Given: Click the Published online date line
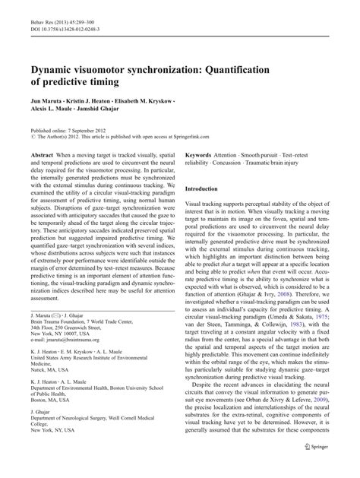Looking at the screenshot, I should pos(68,131).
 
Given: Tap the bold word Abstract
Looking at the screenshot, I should pos(42,154).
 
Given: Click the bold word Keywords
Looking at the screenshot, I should pos(202,154).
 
